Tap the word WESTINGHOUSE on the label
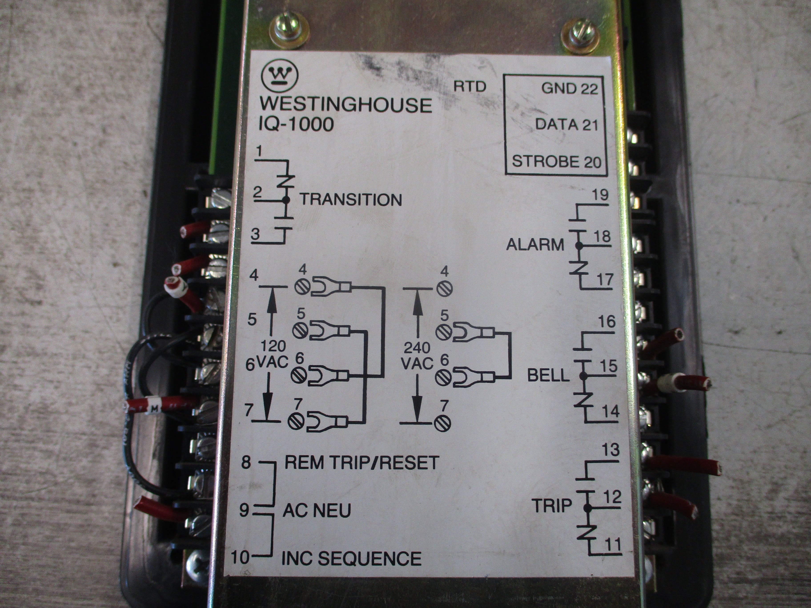(x=345, y=105)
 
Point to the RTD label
(x=470, y=86)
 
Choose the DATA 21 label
(x=566, y=125)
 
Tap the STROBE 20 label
(x=556, y=162)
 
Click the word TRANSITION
(x=351, y=200)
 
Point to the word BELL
(x=548, y=376)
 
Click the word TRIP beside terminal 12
(x=552, y=506)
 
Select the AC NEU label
(x=316, y=510)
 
